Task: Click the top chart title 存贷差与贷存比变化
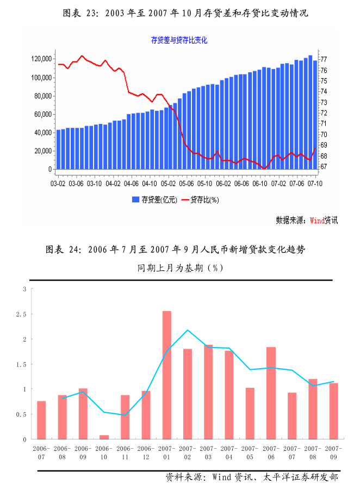(179, 40)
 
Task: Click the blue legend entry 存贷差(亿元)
(155, 200)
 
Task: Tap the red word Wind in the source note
(317, 220)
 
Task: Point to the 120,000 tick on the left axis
(41, 59)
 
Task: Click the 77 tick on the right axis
(324, 59)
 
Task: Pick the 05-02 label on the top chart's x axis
(169, 184)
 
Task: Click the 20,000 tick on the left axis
(42, 151)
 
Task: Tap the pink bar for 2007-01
(167, 375)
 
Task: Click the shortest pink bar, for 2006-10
(104, 437)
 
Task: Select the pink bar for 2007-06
(271, 393)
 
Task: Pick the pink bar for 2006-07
(41, 420)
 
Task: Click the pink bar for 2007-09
(333, 411)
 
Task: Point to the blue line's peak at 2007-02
(188, 330)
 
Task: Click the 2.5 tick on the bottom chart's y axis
(22, 314)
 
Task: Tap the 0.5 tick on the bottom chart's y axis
(22, 414)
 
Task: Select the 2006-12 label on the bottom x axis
(146, 452)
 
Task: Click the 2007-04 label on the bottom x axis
(229, 452)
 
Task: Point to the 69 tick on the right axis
(324, 145)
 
